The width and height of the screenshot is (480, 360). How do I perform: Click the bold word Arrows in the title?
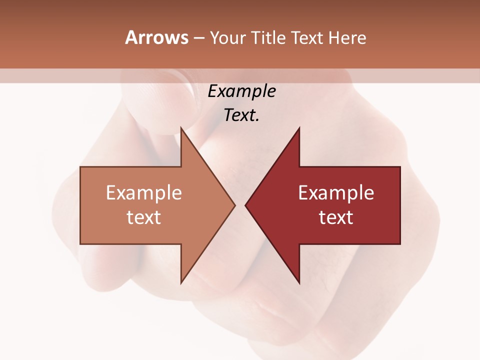click(157, 37)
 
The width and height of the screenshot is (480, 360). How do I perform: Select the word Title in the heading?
click(269, 38)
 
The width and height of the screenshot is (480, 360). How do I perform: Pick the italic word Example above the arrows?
click(242, 91)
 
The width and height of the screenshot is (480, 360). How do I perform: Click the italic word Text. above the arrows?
click(242, 115)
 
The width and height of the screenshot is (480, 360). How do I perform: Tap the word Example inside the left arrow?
click(144, 193)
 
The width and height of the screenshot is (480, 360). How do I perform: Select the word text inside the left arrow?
click(144, 217)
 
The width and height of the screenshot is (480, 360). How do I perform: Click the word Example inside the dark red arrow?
click(336, 193)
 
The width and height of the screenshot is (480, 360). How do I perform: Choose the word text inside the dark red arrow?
click(336, 217)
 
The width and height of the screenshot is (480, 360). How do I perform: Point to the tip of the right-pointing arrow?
click(235, 205)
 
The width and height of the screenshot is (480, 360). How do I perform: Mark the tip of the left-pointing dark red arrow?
click(245, 205)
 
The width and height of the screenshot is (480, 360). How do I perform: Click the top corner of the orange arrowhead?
click(181, 128)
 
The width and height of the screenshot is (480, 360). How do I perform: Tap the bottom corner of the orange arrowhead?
click(181, 283)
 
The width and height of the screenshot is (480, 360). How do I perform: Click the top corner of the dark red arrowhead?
click(299, 128)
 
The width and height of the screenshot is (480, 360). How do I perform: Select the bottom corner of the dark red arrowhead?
click(299, 283)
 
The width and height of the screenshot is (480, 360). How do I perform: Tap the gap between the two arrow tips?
click(240, 205)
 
